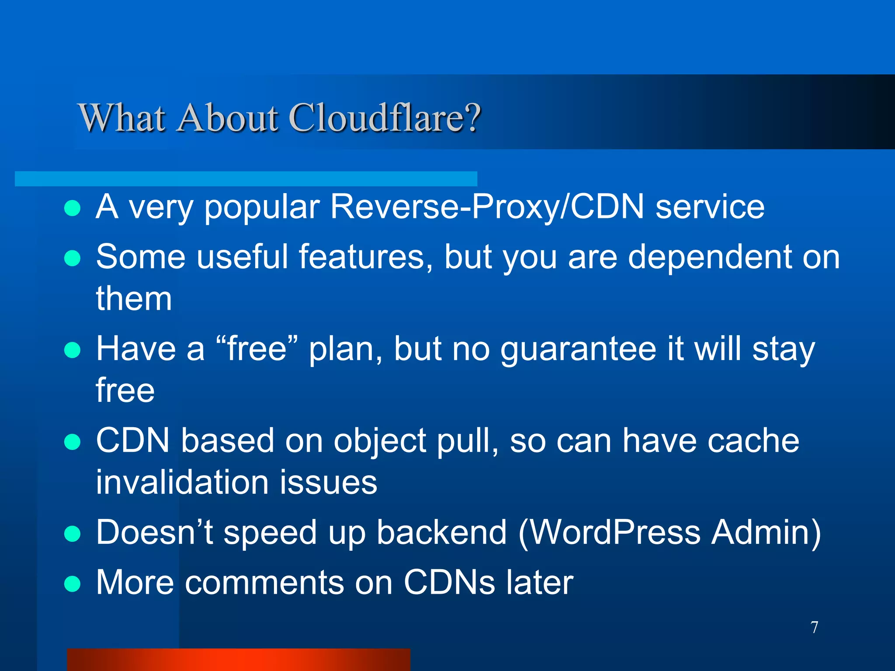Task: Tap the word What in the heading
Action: [x=122, y=118]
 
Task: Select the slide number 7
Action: [x=814, y=627]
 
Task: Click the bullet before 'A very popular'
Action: [x=72, y=208]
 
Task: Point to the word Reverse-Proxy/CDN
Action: [x=487, y=207]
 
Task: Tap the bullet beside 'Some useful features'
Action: [x=72, y=258]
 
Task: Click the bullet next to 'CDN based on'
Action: [x=72, y=442]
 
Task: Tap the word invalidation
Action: [x=182, y=482]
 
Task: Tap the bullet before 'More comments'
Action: [x=72, y=584]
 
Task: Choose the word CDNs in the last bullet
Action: [x=449, y=582]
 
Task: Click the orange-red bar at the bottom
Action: [x=239, y=660]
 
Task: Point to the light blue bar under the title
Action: [x=246, y=179]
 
